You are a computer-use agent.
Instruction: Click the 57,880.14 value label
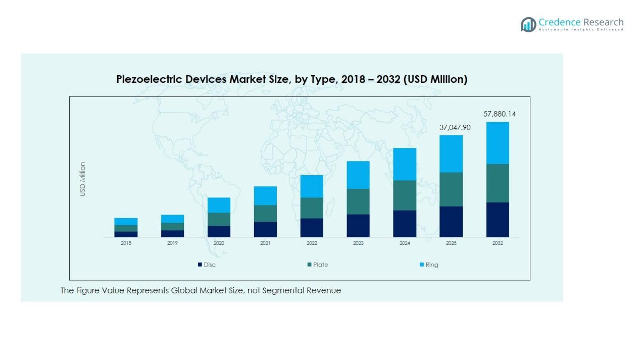(x=500, y=114)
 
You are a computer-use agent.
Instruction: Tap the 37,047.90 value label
(x=455, y=128)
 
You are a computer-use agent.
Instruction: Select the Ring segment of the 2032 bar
(x=498, y=143)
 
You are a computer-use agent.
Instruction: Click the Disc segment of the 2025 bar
(x=451, y=222)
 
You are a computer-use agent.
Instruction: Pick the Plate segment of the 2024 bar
(x=405, y=195)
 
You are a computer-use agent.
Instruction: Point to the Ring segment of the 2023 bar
(x=358, y=175)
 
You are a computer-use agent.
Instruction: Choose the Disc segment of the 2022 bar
(x=312, y=228)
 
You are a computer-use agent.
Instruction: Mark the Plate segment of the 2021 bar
(x=265, y=214)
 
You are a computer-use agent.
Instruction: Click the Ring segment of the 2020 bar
(x=219, y=205)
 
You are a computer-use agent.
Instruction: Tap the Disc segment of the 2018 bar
(x=126, y=234)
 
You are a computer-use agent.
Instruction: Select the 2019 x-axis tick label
(x=172, y=243)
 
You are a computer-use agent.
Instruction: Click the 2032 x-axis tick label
(x=498, y=243)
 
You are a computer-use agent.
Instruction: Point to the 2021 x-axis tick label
(x=265, y=243)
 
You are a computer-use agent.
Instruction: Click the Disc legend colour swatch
(x=200, y=265)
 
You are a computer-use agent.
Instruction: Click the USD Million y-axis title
(x=83, y=179)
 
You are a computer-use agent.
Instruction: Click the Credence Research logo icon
(x=528, y=24)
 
